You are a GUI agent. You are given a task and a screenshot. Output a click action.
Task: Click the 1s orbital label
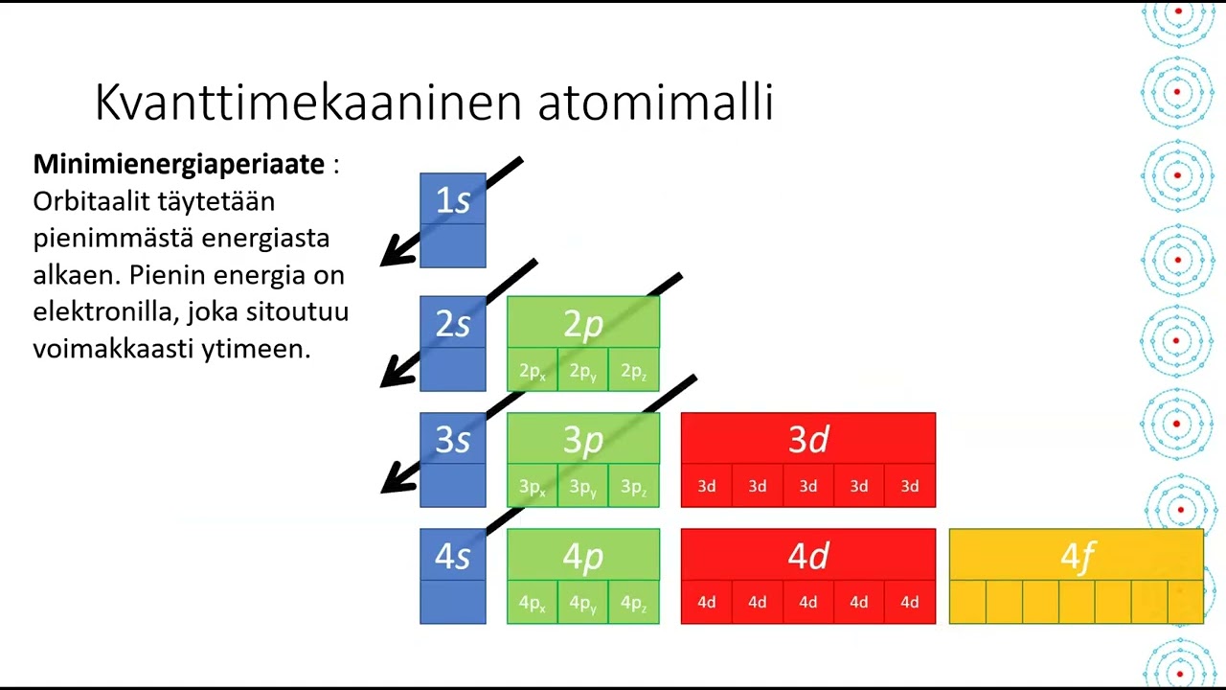(x=453, y=199)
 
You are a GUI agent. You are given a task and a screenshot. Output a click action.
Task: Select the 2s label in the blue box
(x=453, y=324)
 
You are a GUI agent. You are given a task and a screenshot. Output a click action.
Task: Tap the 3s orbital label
(x=453, y=440)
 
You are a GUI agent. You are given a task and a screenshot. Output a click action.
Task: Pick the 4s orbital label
(x=453, y=556)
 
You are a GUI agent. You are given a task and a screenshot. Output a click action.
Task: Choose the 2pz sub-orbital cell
(x=633, y=371)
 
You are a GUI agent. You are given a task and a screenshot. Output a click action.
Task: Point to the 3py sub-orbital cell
(x=582, y=487)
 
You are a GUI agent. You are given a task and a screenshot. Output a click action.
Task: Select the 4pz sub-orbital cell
(x=633, y=603)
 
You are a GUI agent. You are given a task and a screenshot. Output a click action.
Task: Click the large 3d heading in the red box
(x=807, y=439)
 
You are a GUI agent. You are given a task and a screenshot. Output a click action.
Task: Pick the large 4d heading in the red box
(x=807, y=556)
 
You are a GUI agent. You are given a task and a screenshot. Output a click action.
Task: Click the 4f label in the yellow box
(x=1076, y=556)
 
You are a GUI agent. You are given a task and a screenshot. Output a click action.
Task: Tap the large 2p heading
(x=582, y=324)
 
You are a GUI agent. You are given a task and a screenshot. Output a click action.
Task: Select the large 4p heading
(x=582, y=556)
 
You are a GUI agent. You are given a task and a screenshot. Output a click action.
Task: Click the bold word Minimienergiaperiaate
(x=179, y=164)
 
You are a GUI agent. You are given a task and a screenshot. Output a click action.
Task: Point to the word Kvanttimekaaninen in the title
(x=308, y=103)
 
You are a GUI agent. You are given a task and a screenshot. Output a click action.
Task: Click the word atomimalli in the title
(x=655, y=103)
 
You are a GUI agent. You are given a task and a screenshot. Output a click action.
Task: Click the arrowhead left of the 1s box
(x=393, y=256)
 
